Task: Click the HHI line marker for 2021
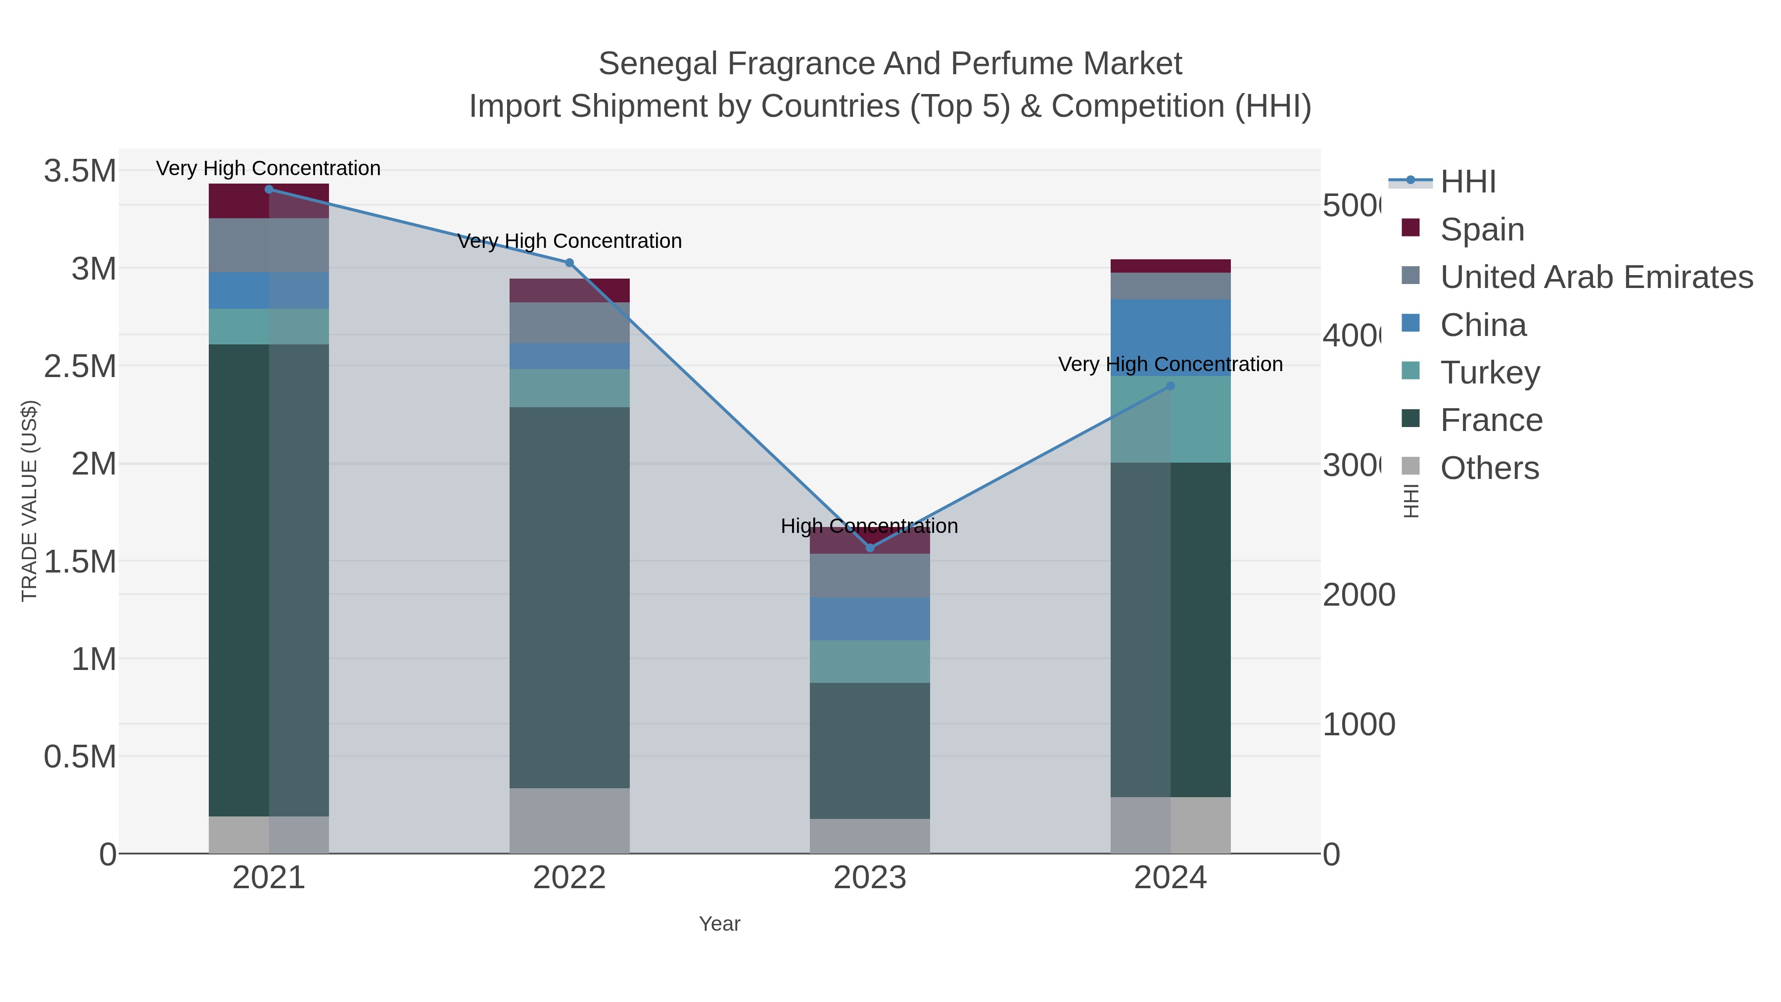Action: pos(269,190)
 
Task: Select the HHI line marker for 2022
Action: pos(570,263)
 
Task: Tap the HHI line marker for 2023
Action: pos(870,548)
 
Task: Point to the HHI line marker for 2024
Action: pos(1171,386)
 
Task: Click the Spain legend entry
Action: pos(1482,230)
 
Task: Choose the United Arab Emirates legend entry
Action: pos(1595,277)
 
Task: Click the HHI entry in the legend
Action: pos(1468,182)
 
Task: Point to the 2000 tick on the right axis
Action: pos(1359,595)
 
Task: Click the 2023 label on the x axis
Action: pos(870,878)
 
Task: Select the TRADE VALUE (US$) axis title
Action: pos(29,501)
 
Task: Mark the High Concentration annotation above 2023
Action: pos(869,526)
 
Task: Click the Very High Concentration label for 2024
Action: pos(1170,364)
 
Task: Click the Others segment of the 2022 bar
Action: pos(570,821)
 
